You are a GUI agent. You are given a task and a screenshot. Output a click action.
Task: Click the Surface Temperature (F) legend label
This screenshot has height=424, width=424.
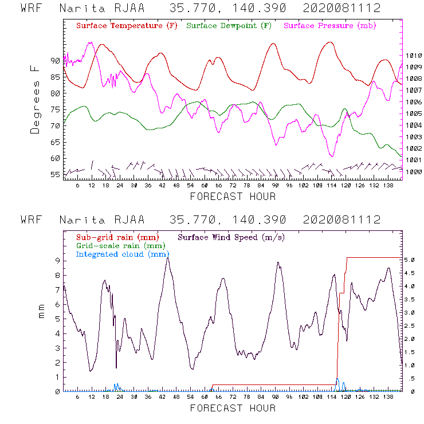127,26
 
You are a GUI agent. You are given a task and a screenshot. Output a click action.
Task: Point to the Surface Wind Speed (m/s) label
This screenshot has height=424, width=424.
231,237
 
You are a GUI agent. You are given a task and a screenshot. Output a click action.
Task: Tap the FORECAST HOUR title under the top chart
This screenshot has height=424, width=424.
233,197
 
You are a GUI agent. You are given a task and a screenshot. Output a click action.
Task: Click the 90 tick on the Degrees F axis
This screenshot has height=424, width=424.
55,60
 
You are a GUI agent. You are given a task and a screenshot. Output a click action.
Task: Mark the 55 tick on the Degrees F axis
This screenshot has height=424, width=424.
55,174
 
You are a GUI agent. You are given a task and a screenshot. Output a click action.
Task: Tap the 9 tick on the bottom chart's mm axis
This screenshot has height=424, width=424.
57,260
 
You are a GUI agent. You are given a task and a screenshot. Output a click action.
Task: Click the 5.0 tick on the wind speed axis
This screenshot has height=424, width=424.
410,260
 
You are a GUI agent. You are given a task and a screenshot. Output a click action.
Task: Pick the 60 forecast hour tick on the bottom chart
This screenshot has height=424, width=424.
205,397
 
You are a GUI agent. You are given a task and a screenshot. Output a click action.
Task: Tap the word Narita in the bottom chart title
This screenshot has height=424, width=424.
80,220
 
